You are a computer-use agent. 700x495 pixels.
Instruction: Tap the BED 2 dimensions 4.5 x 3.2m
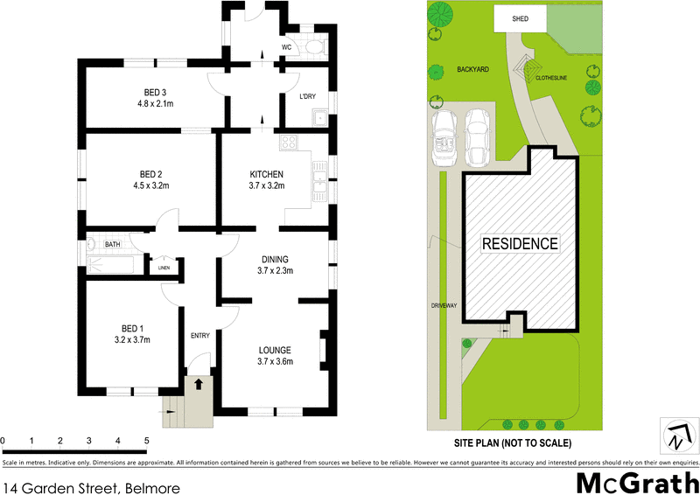tap(150, 185)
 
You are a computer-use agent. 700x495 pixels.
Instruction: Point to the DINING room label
tap(275, 259)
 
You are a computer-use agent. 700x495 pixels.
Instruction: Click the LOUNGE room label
tap(276, 350)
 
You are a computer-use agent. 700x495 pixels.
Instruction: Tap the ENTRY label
tap(199, 336)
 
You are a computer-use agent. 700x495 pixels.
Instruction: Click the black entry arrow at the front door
tap(199, 383)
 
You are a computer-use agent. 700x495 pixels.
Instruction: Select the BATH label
tap(113, 245)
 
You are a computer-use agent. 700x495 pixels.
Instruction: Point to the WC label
tap(286, 47)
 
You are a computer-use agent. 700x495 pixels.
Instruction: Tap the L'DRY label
tap(306, 96)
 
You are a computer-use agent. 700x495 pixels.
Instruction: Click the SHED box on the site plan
tap(521, 17)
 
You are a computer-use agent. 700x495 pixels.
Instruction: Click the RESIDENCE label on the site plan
tap(520, 244)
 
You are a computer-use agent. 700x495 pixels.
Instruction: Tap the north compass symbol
tap(680, 434)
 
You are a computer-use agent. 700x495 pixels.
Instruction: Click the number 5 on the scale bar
tap(146, 441)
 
